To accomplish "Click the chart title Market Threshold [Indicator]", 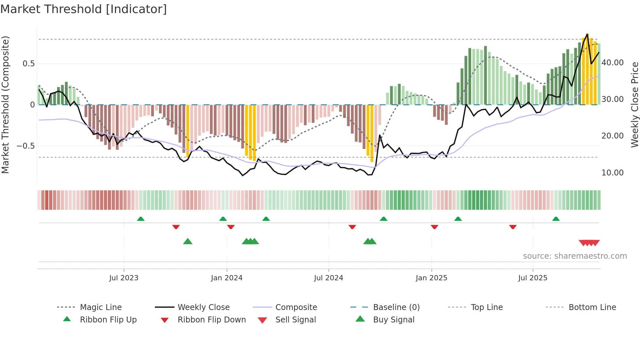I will click(84, 9).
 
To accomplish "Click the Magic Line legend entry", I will click(101, 307).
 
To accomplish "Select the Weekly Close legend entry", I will click(203, 307).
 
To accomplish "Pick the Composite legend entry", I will click(296, 307).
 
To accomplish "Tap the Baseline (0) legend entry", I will click(396, 307).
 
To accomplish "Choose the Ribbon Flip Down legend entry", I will click(211, 320).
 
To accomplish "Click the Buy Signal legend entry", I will click(393, 320).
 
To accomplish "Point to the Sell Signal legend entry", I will click(296, 320).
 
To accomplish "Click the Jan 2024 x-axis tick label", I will click(227, 278).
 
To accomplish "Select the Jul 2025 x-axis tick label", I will click(533, 278).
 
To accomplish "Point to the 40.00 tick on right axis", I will click(612, 63).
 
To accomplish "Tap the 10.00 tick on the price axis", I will click(612, 173).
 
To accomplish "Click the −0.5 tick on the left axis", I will click(25, 146).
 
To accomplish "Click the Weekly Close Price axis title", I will click(634, 105).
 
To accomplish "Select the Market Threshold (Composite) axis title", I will click(5, 105).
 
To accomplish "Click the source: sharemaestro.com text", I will click(575, 256).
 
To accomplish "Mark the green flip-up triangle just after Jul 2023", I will click(141, 219).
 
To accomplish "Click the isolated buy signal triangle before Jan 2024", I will click(188, 241).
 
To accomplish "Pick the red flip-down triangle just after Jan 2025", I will click(434, 227).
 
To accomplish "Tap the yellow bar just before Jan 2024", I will click(188, 131).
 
